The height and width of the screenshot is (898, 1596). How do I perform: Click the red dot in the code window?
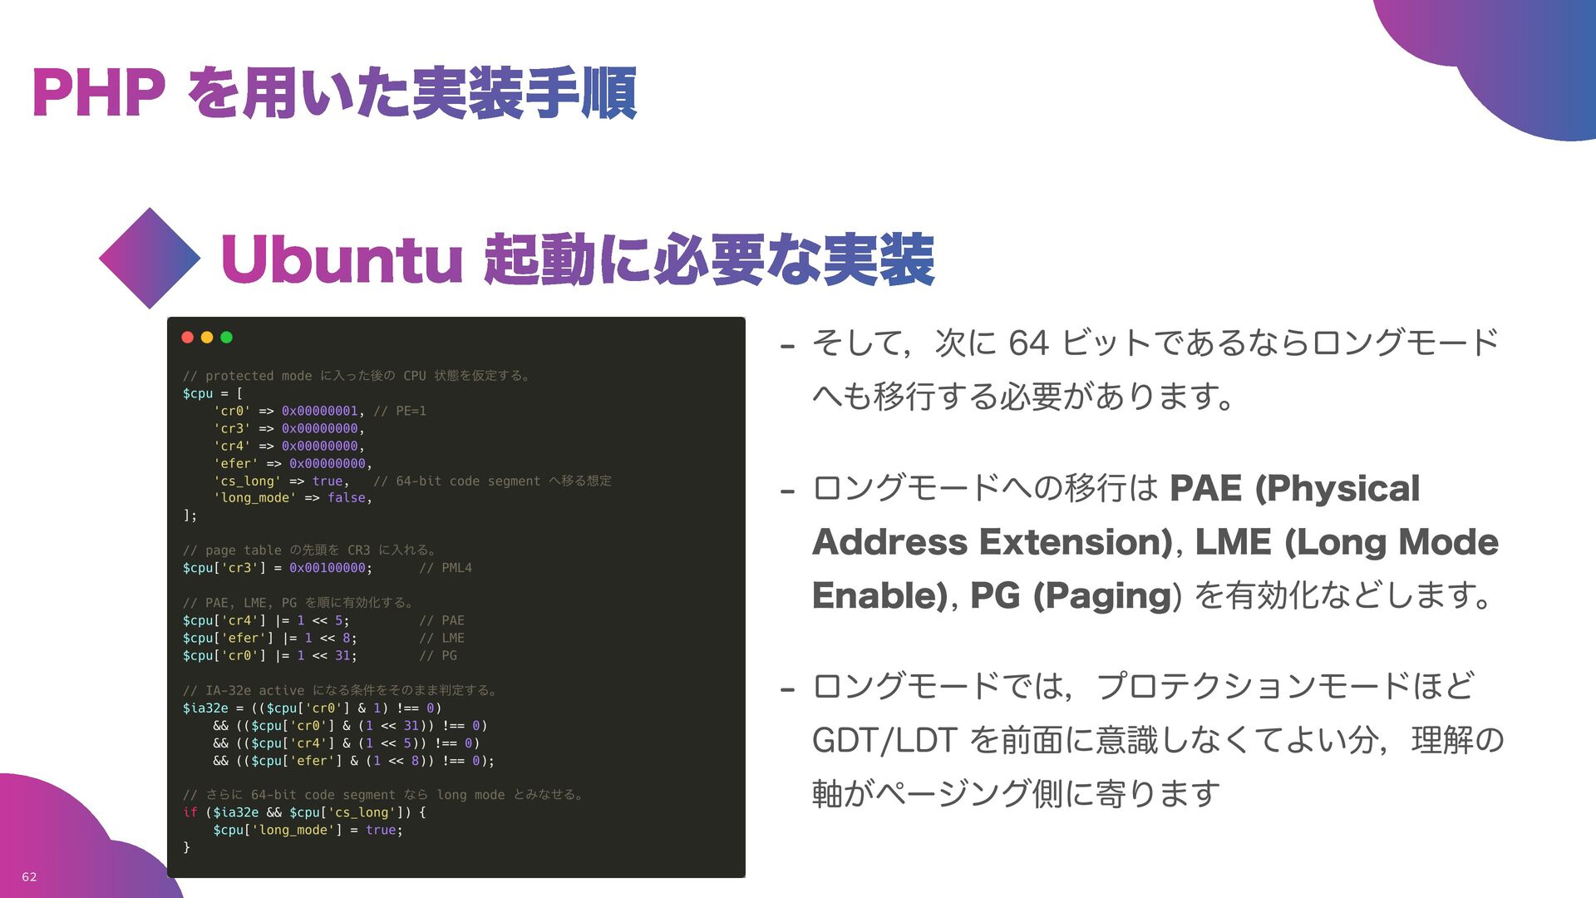[188, 338]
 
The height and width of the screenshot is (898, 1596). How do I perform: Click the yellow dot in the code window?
[207, 338]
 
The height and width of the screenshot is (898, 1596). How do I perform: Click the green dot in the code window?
[226, 338]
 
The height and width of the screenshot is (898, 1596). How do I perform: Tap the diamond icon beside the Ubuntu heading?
[150, 259]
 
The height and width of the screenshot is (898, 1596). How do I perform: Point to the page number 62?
[29, 877]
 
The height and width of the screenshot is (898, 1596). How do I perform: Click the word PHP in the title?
[98, 93]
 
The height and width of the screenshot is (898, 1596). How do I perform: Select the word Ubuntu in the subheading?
[341, 259]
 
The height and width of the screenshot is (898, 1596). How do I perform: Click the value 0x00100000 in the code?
[327, 568]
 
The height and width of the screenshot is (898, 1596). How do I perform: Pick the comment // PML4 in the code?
[446, 568]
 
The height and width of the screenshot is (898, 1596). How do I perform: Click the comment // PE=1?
[400, 411]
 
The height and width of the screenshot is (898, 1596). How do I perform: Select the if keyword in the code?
[190, 812]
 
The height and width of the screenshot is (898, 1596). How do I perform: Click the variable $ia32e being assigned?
[205, 708]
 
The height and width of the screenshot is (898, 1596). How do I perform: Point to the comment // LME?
[442, 639]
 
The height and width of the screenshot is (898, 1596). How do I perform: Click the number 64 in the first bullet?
[1028, 343]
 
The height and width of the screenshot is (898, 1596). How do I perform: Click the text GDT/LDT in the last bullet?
[884, 740]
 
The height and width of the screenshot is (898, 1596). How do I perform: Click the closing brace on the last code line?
[186, 847]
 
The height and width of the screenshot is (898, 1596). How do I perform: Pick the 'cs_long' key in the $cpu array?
[247, 481]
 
